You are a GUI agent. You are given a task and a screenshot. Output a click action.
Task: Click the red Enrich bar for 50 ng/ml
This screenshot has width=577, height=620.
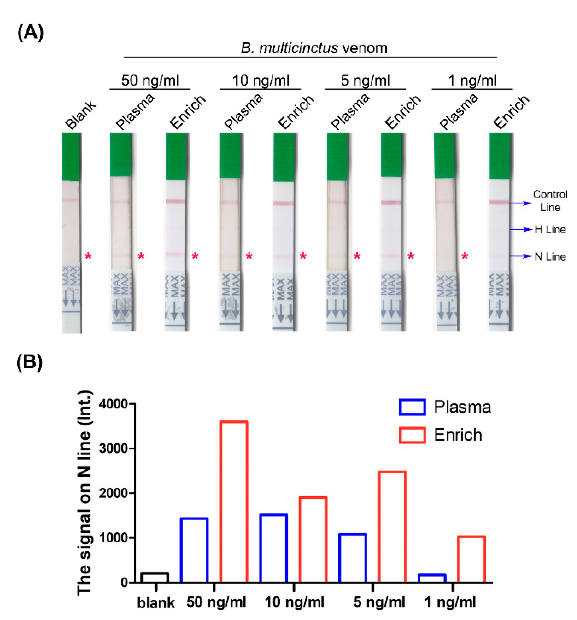[x=234, y=502]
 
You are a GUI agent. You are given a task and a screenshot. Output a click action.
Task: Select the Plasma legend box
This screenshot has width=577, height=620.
[x=412, y=407]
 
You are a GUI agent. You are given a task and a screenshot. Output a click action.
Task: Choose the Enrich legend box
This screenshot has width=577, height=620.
[x=412, y=435]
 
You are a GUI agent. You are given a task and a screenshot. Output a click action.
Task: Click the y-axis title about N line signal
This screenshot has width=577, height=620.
[x=84, y=493]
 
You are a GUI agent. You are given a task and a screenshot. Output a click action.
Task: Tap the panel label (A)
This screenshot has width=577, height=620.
[x=30, y=33]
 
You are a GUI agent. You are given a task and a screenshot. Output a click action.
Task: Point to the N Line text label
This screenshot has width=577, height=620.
[x=550, y=257]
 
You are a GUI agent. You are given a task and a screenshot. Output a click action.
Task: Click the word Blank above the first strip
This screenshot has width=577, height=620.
[x=81, y=115]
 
